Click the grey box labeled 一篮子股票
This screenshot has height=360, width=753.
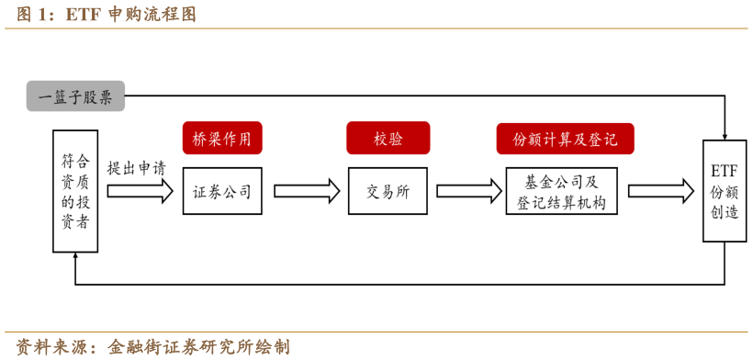[x=75, y=96]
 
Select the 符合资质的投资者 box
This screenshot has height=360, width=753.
[x=74, y=191]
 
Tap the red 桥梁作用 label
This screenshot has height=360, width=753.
[x=222, y=139]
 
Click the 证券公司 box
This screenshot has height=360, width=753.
[x=222, y=191]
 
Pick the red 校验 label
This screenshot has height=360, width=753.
[x=388, y=139]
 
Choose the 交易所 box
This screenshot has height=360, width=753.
[x=388, y=191]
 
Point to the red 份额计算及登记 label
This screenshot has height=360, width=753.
[x=565, y=139]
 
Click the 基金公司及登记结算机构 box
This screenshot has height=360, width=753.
[x=561, y=191]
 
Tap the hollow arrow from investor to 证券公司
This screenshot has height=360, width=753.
[x=140, y=191]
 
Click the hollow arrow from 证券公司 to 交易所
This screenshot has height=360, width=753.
[x=307, y=191]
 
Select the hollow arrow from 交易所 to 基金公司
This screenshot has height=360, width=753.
[x=466, y=191]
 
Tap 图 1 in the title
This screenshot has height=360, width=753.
[x=31, y=15]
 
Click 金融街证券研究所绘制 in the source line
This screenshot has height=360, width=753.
[x=198, y=347]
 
